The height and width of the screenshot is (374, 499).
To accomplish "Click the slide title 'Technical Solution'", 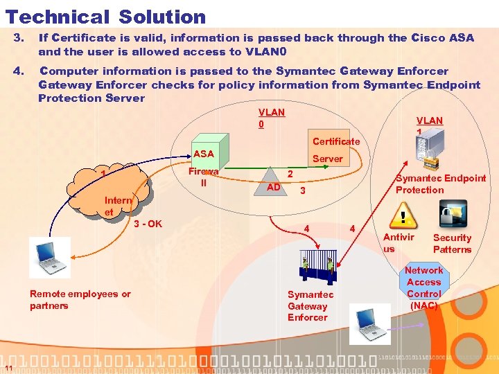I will tap(105, 17).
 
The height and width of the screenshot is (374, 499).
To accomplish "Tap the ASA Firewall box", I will tap(204, 167).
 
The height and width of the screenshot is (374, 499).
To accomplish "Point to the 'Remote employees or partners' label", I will tap(80, 299).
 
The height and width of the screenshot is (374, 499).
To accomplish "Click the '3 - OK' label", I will tap(148, 224).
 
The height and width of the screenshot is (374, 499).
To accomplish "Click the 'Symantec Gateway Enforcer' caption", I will tap(310, 305).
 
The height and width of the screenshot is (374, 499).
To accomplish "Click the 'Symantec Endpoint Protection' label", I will tap(440, 184).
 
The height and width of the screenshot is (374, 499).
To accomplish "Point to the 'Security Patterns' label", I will tap(452, 243).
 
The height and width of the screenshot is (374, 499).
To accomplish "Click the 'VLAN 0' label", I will tap(271, 118).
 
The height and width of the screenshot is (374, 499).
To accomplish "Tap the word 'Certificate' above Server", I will tap(336, 141).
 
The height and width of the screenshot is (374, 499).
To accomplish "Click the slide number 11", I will tap(6, 368).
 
